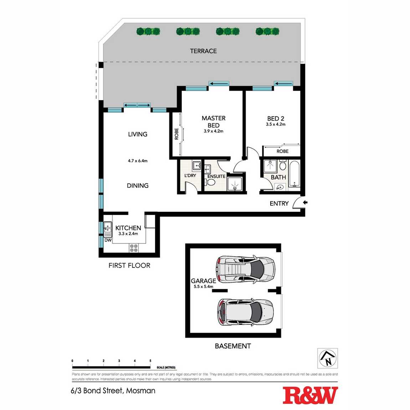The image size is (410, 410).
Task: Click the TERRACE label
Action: click(203, 51)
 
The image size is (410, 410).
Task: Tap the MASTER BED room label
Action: click(214, 122)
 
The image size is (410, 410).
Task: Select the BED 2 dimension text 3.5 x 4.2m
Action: click(276, 124)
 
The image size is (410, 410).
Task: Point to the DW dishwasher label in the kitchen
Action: click(108, 240)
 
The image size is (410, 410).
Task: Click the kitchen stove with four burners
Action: click(134, 248)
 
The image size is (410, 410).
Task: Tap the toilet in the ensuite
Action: click(211, 182)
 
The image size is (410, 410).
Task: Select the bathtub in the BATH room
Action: click(294, 174)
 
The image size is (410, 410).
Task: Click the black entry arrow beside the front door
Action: click(305, 203)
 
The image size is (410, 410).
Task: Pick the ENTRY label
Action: click(279, 204)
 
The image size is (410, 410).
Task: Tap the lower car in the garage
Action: click(245, 312)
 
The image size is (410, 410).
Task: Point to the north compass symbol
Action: click(328, 358)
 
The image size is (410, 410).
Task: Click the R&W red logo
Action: click(310, 395)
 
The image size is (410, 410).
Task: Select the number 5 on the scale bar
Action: click(150, 361)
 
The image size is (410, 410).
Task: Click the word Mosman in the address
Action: click(141, 391)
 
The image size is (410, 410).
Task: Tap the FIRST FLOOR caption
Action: click(129, 265)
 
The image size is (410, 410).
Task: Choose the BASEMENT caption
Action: click(233, 346)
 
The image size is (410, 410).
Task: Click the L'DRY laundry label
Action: click(190, 176)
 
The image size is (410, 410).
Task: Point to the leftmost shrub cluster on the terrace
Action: click(148, 31)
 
